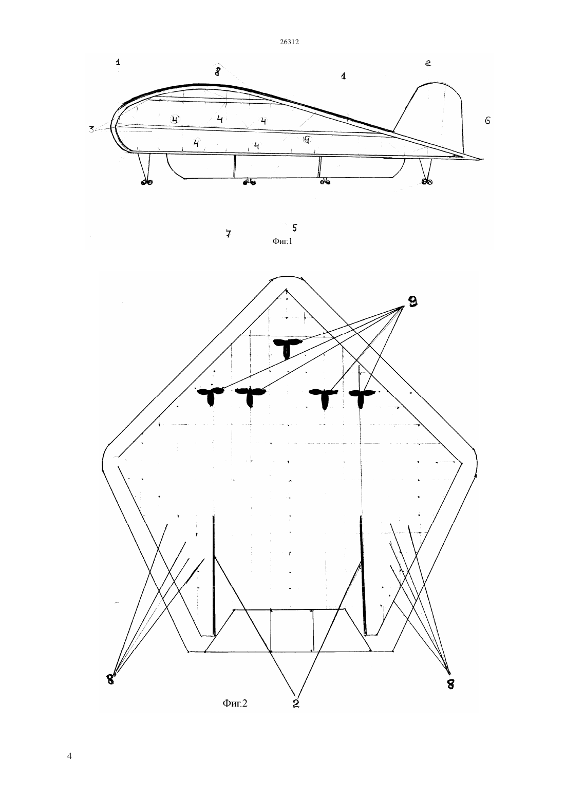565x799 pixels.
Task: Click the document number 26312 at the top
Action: [x=289, y=42]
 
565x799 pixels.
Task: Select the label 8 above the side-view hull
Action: [x=218, y=72]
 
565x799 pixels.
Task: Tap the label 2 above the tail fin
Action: [x=428, y=64]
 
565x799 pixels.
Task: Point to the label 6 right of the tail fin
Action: [x=487, y=121]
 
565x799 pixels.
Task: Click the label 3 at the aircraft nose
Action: [x=91, y=129]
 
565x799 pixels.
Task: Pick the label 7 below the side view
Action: [x=229, y=234]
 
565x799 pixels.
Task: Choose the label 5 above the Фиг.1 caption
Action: [x=294, y=227]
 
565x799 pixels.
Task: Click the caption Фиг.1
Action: [x=282, y=241]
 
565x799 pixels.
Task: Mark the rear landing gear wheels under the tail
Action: [x=427, y=182]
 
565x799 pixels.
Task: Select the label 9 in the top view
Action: [x=412, y=301]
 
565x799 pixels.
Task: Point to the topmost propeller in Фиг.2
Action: [x=287, y=348]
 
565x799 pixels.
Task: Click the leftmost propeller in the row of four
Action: [x=211, y=396]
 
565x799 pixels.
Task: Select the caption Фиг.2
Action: [x=235, y=702]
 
